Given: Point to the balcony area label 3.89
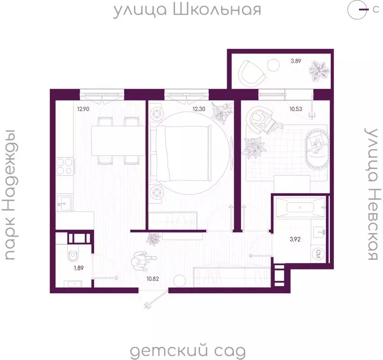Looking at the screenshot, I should click(296, 61).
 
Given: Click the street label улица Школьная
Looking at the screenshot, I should click(187, 10).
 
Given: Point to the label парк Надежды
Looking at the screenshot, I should click(11, 194).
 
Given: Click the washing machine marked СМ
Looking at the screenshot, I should click(318, 255).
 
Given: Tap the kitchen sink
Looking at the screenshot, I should click(64, 202).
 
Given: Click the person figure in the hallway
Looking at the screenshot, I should click(140, 262).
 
